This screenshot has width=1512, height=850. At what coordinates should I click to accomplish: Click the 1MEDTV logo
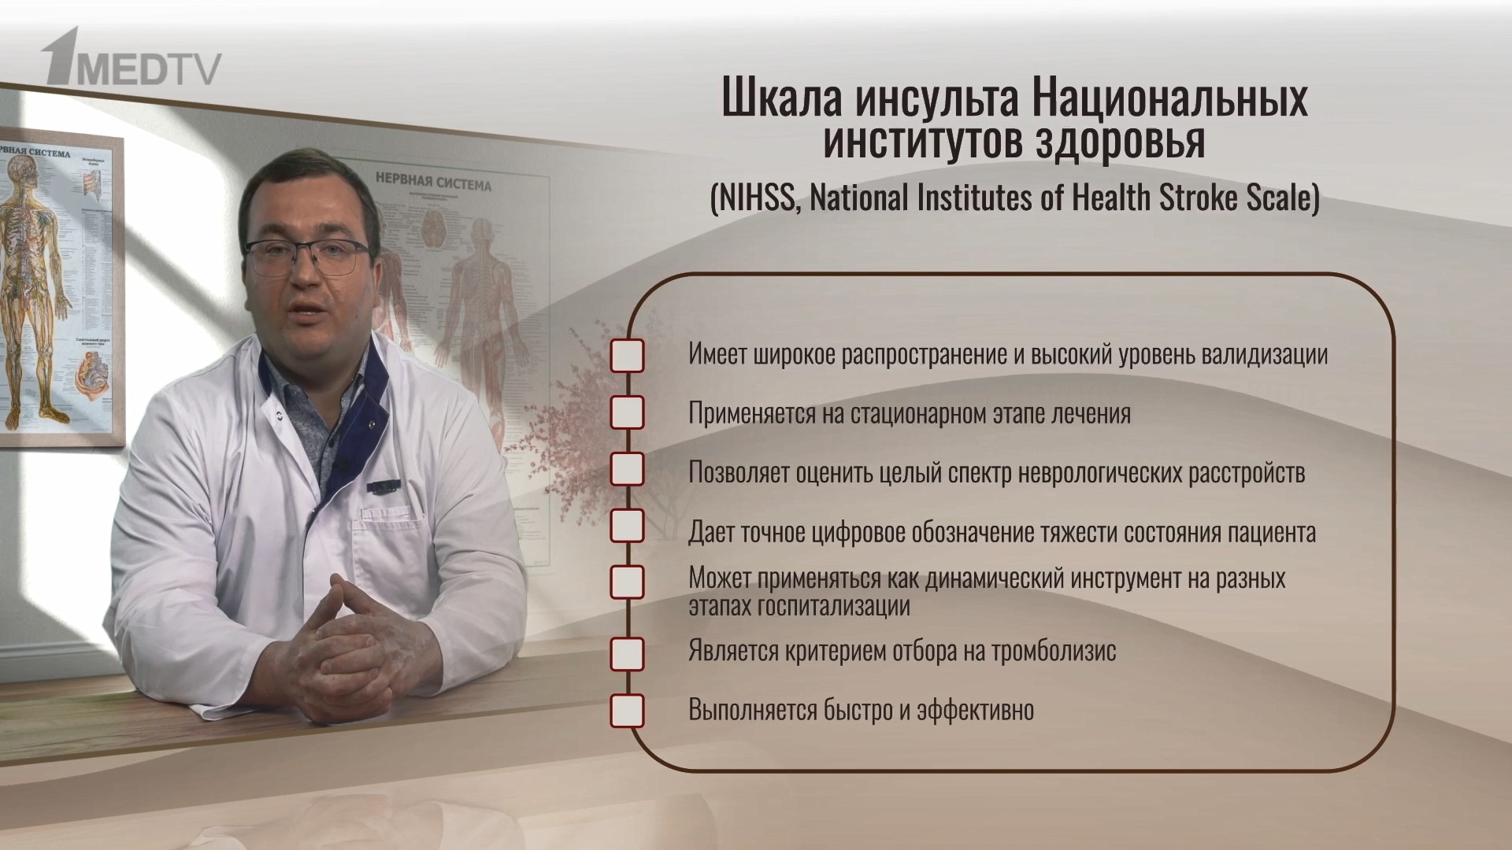click(132, 58)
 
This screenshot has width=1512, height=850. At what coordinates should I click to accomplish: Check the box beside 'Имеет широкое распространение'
click(627, 356)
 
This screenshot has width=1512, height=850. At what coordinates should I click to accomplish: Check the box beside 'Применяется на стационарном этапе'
click(627, 413)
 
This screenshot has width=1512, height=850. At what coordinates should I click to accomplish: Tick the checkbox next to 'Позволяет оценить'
click(627, 470)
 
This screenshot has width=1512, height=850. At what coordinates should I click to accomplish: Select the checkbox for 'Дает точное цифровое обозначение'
click(627, 526)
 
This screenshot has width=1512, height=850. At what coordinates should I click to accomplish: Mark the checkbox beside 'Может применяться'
click(627, 582)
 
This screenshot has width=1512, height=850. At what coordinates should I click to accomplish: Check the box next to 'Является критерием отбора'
click(627, 654)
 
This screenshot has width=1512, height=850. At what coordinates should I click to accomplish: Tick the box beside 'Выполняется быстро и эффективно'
click(627, 710)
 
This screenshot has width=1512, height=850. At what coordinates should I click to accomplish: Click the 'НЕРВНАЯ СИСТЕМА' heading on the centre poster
click(432, 182)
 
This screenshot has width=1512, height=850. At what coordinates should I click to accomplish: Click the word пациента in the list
click(1271, 533)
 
